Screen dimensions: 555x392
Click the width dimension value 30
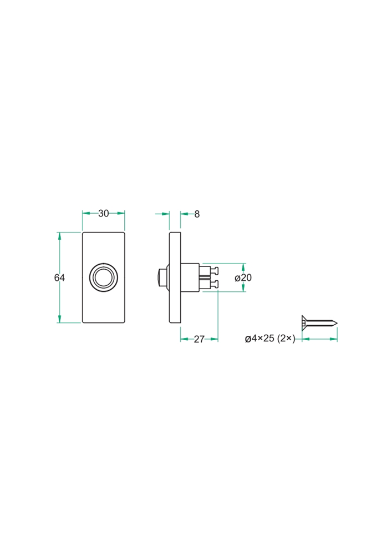[x=104, y=213]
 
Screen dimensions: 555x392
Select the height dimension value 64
[x=59, y=277]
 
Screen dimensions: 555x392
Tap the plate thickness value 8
[x=197, y=214]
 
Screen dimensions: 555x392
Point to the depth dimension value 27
[x=199, y=339]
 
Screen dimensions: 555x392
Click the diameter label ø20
[x=243, y=277]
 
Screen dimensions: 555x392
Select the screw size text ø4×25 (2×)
[x=270, y=339]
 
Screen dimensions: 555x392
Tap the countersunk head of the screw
[x=303, y=322]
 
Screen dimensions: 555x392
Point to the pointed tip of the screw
[x=335, y=322]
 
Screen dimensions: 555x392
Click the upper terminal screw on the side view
[x=214, y=270]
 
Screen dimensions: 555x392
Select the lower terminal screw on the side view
[x=214, y=284]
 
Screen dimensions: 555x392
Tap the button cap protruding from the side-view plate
[x=161, y=277]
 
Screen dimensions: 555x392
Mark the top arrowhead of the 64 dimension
[x=59, y=235]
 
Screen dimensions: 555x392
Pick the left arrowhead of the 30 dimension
[x=85, y=213]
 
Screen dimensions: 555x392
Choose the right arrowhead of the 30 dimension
[x=121, y=213]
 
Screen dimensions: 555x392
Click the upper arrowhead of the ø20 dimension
[x=243, y=266]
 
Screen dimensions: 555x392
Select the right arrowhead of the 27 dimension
[x=215, y=339]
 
